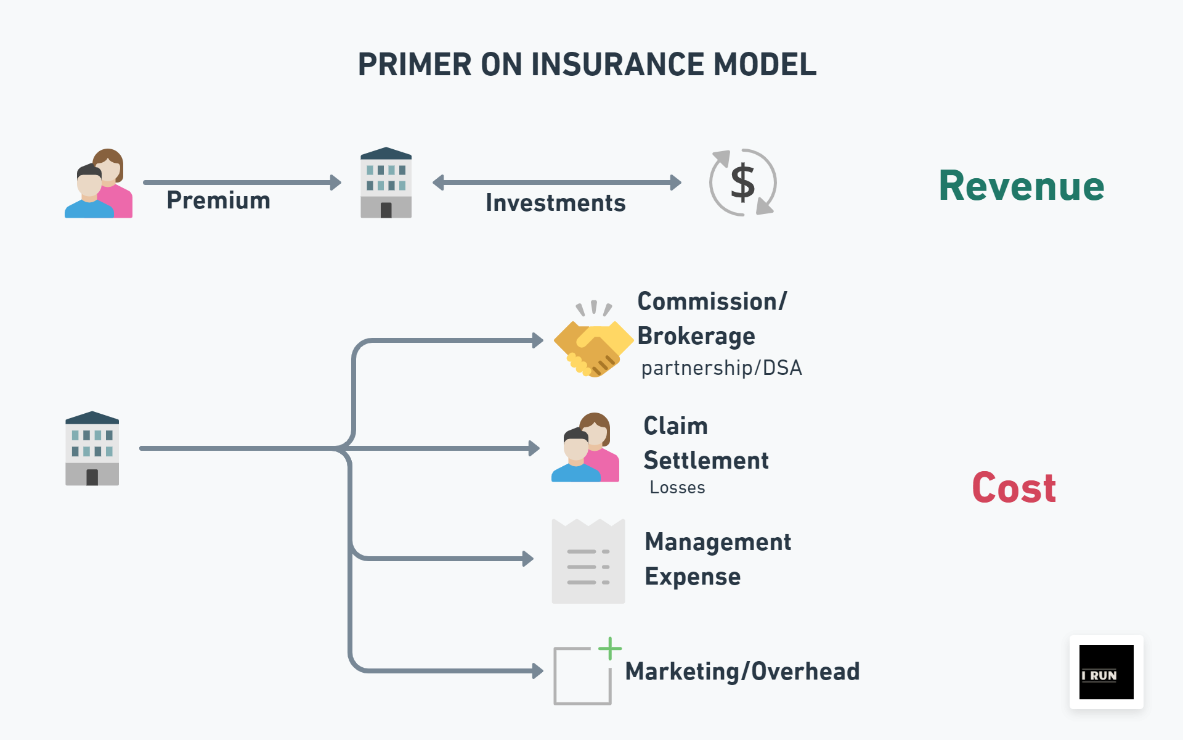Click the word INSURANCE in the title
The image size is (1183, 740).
coord(617,65)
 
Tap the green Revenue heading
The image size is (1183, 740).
coord(1021,186)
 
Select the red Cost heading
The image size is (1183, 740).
coord(1014,488)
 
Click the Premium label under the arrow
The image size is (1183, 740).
coord(218,200)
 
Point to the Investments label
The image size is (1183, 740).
coord(555,203)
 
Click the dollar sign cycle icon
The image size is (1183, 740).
coord(742,183)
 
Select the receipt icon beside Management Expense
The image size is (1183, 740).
coord(588,561)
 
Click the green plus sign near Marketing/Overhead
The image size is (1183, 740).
coord(609,648)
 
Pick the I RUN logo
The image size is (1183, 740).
coord(1106,672)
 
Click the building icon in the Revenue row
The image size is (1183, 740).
coord(386,183)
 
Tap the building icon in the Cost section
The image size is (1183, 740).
coord(92,448)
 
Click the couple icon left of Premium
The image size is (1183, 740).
coord(99,184)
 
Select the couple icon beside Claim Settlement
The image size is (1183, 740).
coord(585,448)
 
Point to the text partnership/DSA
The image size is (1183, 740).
coord(721,368)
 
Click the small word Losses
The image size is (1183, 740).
coord(677,488)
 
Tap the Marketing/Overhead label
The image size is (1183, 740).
coord(742,672)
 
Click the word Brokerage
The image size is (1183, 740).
coord(696,336)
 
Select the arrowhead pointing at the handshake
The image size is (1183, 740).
coord(538,340)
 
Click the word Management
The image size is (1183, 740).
coord(717,542)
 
